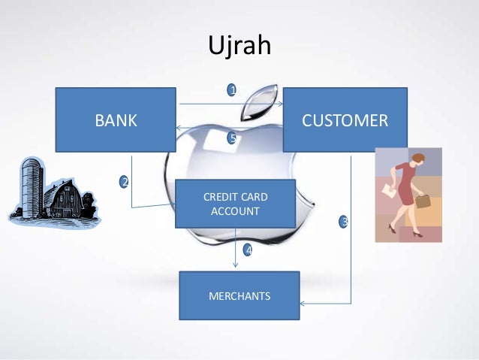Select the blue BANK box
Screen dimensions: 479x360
pos(116,120)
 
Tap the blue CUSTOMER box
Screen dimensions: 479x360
pos(345,120)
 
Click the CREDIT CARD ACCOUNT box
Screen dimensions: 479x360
pos(235,204)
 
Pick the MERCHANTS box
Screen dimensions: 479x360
pos(239,296)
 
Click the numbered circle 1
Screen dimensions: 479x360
pos(233,90)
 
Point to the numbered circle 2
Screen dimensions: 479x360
pos(124,182)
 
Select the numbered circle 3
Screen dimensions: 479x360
pos(344,222)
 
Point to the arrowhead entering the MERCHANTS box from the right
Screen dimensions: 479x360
pos(303,304)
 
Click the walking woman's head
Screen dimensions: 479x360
pos(417,159)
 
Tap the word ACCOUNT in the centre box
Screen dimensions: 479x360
pos(235,211)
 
